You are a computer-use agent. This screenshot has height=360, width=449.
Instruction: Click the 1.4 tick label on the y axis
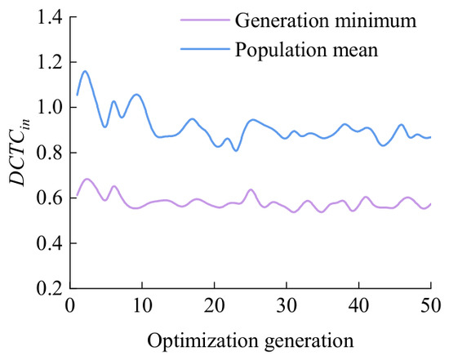pyautogui.click(x=50, y=18)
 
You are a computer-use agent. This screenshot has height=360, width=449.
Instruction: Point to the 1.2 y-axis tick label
pyautogui.click(x=50, y=62)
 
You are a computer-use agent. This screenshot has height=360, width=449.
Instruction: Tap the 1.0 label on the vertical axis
pyautogui.click(x=50, y=108)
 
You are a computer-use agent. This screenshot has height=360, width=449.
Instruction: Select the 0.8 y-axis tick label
pyautogui.click(x=50, y=153)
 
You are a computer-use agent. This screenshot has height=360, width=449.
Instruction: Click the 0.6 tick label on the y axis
pyautogui.click(x=50, y=198)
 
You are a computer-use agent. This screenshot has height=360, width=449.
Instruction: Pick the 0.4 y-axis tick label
pyautogui.click(x=50, y=243)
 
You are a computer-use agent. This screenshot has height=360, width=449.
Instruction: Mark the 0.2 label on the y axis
pyautogui.click(x=50, y=288)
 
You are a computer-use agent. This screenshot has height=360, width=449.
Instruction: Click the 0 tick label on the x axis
pyautogui.click(x=70, y=305)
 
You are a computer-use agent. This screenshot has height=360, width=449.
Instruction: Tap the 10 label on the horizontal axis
pyautogui.click(x=142, y=305)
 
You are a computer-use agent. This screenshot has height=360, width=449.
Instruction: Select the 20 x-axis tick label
pyautogui.click(x=215, y=305)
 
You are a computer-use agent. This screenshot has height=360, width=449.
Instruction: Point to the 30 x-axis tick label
pyautogui.click(x=287, y=305)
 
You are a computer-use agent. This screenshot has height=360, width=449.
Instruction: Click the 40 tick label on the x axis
pyautogui.click(x=359, y=305)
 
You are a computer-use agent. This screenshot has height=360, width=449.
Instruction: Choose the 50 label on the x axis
pyautogui.click(x=430, y=305)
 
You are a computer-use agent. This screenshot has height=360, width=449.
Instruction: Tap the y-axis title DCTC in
pyautogui.click(x=20, y=153)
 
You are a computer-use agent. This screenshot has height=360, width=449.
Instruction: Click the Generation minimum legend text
pyautogui.click(x=326, y=20)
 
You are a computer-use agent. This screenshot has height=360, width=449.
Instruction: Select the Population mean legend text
pyautogui.click(x=307, y=50)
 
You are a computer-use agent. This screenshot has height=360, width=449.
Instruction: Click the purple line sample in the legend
pyautogui.click(x=205, y=20)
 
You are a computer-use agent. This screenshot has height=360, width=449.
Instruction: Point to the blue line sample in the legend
pyautogui.click(x=205, y=49)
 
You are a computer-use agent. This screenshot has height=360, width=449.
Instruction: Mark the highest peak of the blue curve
pyautogui.click(x=85, y=71)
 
